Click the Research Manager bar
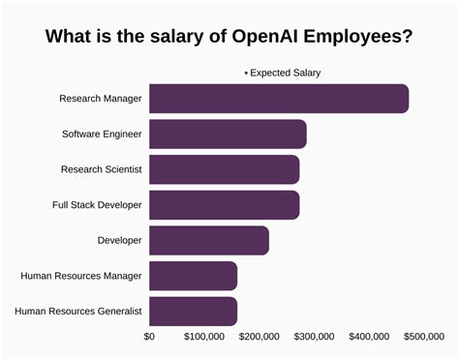(x=279, y=99)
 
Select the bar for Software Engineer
(x=228, y=134)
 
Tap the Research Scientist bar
(x=224, y=169)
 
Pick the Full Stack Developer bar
(x=224, y=204)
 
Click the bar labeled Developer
(x=209, y=240)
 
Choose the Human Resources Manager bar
(x=194, y=276)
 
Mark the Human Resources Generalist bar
(x=194, y=311)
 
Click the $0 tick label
(x=149, y=337)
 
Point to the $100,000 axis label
(x=205, y=337)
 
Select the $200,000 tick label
(x=260, y=337)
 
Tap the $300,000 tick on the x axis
(x=315, y=337)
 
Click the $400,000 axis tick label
(x=370, y=337)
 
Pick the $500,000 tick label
(x=424, y=337)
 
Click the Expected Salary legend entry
(x=283, y=73)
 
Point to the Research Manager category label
(x=101, y=99)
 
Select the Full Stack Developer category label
(x=97, y=204)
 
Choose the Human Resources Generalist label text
(x=79, y=311)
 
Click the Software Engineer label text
(x=102, y=134)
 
